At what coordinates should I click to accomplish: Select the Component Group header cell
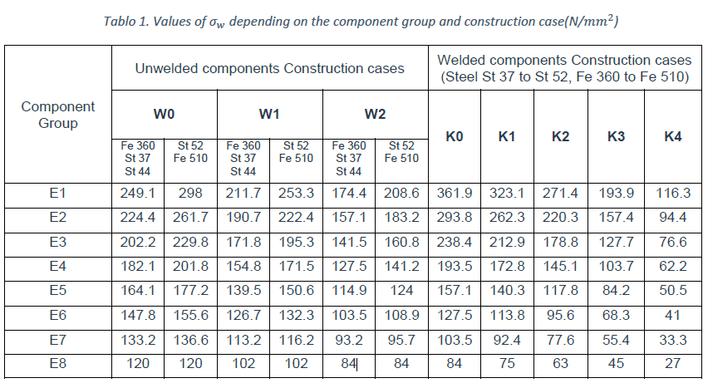coord(58,115)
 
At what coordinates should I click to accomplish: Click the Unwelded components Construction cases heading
coord(270,68)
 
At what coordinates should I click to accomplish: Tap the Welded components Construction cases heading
coord(564,69)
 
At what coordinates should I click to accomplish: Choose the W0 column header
coord(164,115)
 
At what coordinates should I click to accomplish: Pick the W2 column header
coord(375,115)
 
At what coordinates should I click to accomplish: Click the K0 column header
coord(455,136)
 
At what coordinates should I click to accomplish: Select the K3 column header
coord(616,136)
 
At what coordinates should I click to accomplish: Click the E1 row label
coord(58,194)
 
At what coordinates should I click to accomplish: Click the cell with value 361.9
coord(455,194)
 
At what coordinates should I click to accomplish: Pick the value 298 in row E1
coord(190,194)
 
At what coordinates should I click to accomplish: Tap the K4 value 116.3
coord(672,194)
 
